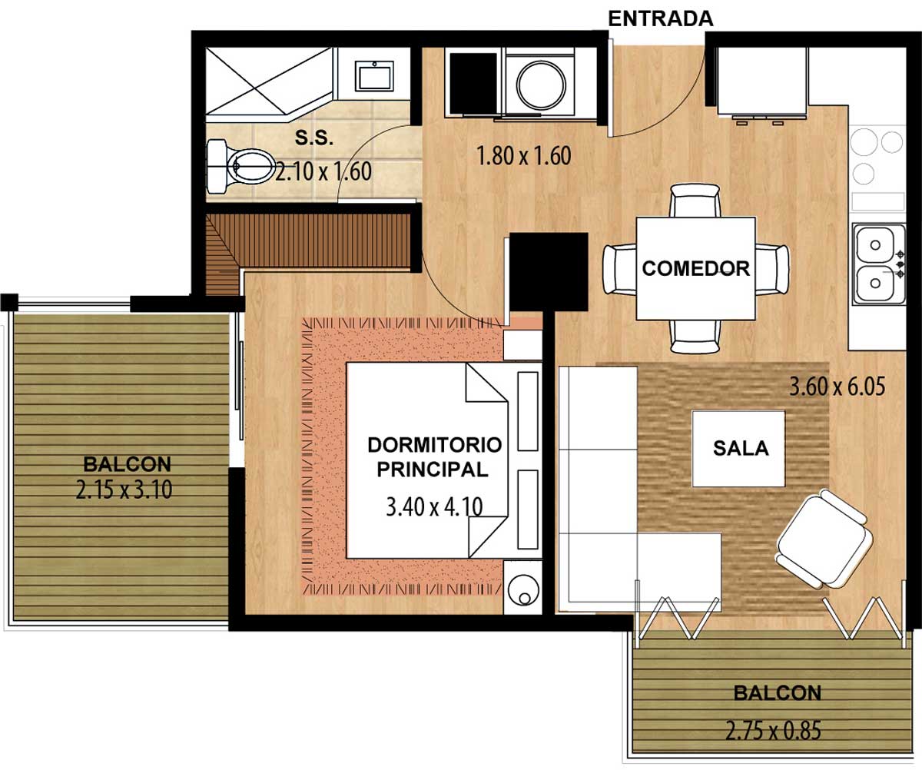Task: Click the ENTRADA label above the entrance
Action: tap(661, 19)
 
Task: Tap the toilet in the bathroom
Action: tap(240, 167)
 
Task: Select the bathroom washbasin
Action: tap(374, 76)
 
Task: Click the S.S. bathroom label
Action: tap(314, 138)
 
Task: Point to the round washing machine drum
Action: tap(541, 85)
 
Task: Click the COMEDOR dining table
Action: tap(695, 268)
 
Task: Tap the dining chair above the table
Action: tap(695, 200)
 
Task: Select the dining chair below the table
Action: tap(695, 337)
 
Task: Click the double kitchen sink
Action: tap(879, 264)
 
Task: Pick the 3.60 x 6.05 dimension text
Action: tap(837, 387)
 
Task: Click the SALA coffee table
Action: tap(738, 449)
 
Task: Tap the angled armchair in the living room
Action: tap(824, 538)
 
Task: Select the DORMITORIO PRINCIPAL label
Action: tap(435, 457)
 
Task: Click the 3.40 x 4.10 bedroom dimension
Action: tap(434, 506)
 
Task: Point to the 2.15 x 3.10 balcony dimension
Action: tap(124, 490)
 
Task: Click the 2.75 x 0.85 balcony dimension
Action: tap(773, 730)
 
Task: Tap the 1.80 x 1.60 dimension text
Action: tap(524, 156)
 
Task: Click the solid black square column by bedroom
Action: tap(549, 272)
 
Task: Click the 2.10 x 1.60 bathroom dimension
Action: tap(323, 172)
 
